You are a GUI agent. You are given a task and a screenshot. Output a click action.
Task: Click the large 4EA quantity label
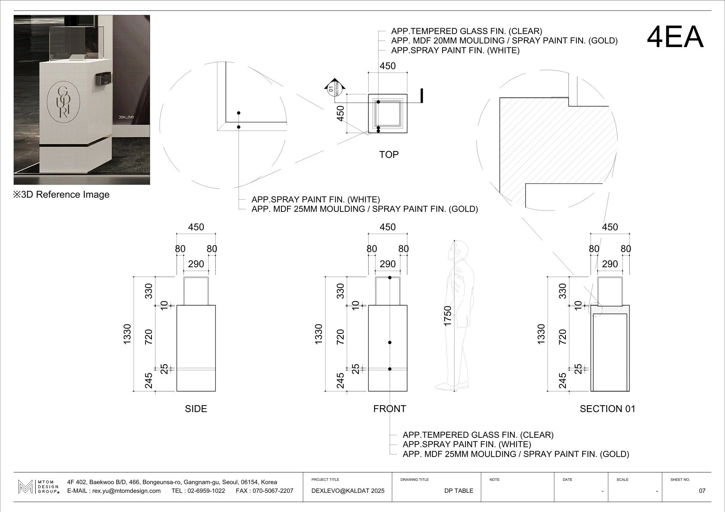tap(675, 37)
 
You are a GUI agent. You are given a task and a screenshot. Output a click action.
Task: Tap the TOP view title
tap(389, 155)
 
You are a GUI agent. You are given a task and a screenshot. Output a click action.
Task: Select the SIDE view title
tap(196, 409)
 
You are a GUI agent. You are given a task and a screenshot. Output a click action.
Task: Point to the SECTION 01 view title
tap(607, 409)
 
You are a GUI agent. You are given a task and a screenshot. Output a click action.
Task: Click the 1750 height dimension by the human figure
tap(448, 316)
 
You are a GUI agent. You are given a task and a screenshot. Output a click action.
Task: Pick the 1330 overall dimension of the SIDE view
tap(127, 334)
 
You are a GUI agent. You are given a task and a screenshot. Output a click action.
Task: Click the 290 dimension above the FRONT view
tap(388, 264)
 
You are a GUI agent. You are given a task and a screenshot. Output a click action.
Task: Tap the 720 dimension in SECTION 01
tap(562, 337)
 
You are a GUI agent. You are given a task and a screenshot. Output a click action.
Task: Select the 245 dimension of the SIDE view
tap(149, 381)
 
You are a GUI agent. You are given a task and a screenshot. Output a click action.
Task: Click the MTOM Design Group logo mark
tap(25, 487)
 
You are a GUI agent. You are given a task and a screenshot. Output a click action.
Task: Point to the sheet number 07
tap(702, 491)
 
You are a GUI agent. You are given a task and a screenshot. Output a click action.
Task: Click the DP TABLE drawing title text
tap(459, 491)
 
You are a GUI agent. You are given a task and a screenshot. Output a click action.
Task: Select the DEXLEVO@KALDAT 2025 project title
tap(348, 491)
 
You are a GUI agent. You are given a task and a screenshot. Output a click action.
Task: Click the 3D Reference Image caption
tap(62, 195)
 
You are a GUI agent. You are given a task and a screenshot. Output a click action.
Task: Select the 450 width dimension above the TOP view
tap(388, 66)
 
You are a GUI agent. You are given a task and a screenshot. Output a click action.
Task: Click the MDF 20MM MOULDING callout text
tap(504, 41)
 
